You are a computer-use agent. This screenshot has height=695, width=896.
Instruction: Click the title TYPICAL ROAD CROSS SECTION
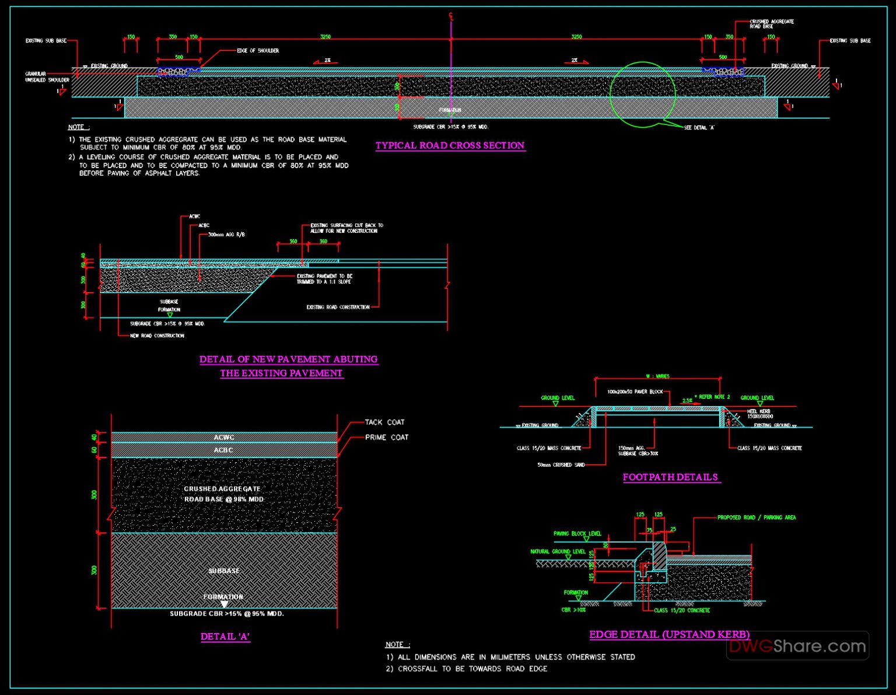pyautogui.click(x=450, y=145)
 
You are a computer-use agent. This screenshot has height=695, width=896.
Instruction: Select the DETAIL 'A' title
pyautogui.click(x=225, y=637)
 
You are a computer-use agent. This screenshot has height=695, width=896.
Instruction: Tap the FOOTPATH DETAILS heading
pyautogui.click(x=670, y=477)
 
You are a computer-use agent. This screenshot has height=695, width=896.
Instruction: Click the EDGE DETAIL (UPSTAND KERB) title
pyautogui.click(x=669, y=634)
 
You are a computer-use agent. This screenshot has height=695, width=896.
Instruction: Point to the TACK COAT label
pyautogui.click(x=384, y=422)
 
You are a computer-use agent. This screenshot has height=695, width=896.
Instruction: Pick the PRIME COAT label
pyautogui.click(x=387, y=437)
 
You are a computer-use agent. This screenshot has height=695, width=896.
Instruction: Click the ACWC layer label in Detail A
pyautogui.click(x=223, y=437)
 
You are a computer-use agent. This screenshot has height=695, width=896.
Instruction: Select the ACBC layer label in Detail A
pyautogui.click(x=223, y=450)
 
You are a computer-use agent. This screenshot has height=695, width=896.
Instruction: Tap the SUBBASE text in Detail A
pyautogui.click(x=224, y=571)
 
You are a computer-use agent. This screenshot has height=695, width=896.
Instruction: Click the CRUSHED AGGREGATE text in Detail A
pyautogui.click(x=222, y=489)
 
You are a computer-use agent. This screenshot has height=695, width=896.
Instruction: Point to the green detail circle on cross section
pyautogui.click(x=642, y=94)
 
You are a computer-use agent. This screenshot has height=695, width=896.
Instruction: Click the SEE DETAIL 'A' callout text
pyautogui.click(x=699, y=127)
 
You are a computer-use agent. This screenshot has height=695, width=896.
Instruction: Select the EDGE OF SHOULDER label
pyautogui.click(x=258, y=51)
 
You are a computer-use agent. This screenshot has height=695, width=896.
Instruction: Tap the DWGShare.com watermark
pyautogui.click(x=797, y=646)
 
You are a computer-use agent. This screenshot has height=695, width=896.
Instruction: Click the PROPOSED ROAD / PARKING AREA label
pyautogui.click(x=756, y=518)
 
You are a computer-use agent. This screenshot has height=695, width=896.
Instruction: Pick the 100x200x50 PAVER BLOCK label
pyautogui.click(x=635, y=392)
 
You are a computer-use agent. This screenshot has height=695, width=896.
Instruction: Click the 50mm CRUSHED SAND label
pyautogui.click(x=561, y=465)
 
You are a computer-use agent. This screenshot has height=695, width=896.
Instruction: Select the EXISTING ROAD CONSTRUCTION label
pyautogui.click(x=338, y=307)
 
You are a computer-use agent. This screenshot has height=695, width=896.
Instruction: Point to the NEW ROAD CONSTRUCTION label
pyautogui.click(x=157, y=336)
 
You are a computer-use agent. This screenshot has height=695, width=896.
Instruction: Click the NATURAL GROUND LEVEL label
pyautogui.click(x=558, y=551)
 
